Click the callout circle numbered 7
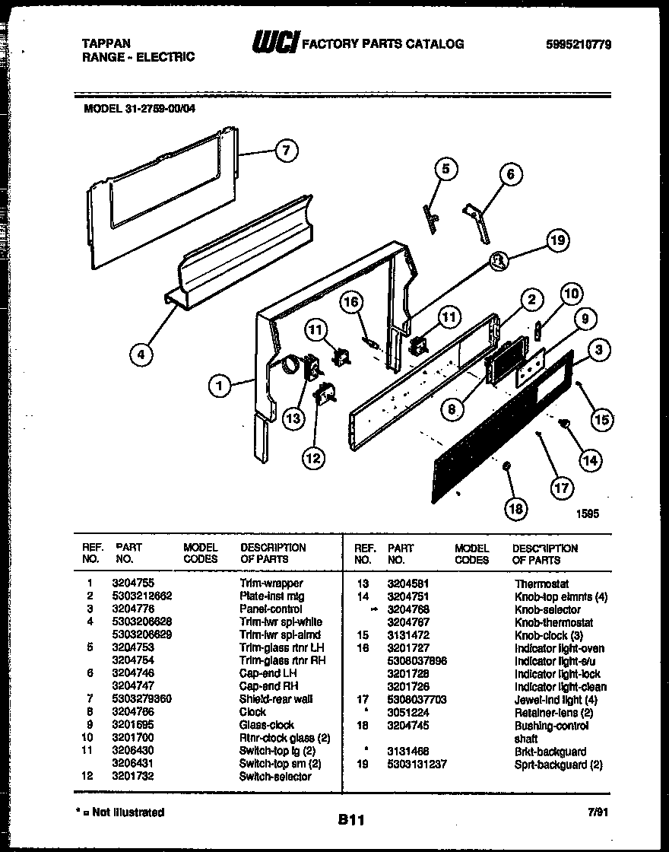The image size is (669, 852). point(284,151)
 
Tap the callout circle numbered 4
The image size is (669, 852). point(139,354)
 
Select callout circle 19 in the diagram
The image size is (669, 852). point(557,242)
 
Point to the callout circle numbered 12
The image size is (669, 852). point(312,457)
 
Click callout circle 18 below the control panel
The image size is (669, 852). point(515,508)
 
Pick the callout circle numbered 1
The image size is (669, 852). point(219,386)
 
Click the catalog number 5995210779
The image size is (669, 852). point(579,44)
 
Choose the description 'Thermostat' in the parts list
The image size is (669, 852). point(541,584)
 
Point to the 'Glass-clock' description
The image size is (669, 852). point(266,725)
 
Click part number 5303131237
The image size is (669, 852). point(417,765)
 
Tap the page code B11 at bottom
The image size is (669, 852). point(352,820)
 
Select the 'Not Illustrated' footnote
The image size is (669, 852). point(122,812)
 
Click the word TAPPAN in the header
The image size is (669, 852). point(106,44)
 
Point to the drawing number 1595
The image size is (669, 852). point(588,513)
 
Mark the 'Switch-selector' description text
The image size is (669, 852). point(274,777)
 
